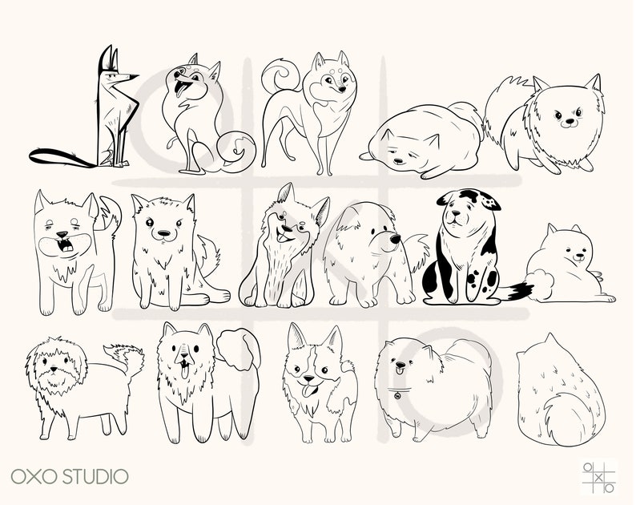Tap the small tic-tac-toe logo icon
point(599,475)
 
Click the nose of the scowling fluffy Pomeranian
point(568,123)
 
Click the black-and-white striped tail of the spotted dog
point(517,290)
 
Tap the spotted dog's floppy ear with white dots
point(484,200)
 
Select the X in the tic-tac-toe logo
point(599,476)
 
